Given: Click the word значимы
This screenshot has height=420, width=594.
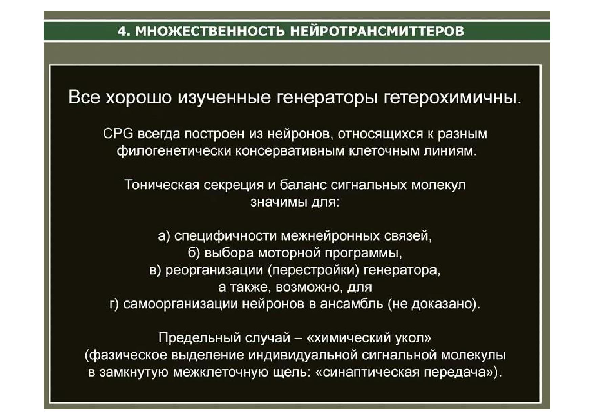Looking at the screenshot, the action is [x=279, y=202].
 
